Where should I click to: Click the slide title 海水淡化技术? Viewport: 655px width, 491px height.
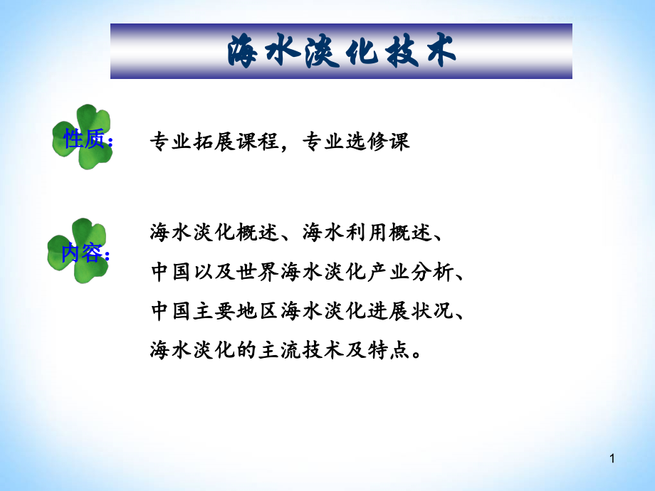341,52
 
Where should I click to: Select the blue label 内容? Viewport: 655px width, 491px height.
82,253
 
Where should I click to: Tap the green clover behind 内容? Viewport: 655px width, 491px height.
78,250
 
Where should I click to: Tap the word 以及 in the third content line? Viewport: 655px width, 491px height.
206,271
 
